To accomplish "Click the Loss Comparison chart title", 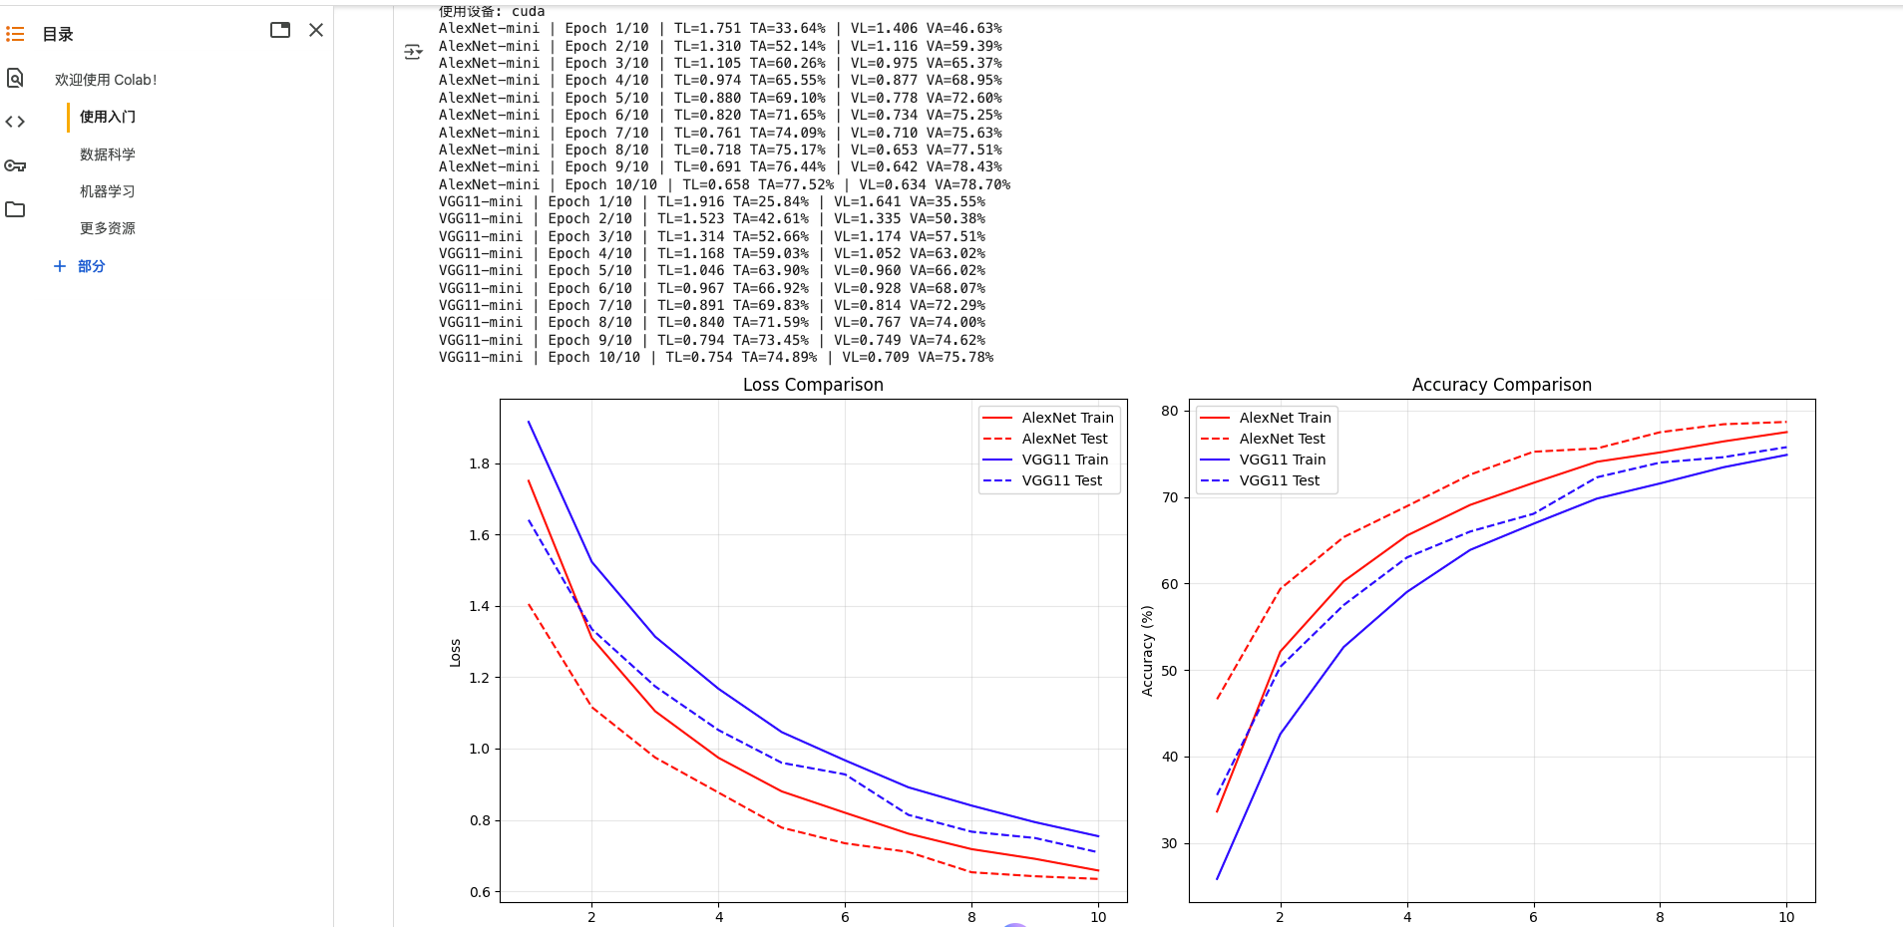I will pos(813,385).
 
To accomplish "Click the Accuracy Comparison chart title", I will pos(1501,385).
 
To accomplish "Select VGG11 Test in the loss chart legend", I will pos(1061,480).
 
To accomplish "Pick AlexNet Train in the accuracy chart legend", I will pos(1285,418).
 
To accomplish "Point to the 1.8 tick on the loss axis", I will pos(479,463).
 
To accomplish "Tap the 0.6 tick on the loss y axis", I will pos(479,892).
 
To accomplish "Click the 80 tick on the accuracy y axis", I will pos(1169,411).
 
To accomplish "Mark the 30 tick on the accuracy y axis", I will pos(1169,843).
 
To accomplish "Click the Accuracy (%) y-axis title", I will pos(1147,651).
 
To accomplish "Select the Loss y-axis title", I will pos(455,653).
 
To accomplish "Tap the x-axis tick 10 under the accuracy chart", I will pos(1785,917).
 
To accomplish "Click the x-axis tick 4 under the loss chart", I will pos(718,917).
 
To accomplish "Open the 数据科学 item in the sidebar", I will pos(108,154).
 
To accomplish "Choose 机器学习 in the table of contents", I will pos(108,191).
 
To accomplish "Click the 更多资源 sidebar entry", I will pos(108,228).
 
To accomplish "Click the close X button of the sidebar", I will pos(316,30).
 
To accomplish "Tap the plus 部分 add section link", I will pos(80,266).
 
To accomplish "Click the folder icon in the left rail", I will pos(15,209).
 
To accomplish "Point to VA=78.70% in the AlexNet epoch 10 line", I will pos(972,184).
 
